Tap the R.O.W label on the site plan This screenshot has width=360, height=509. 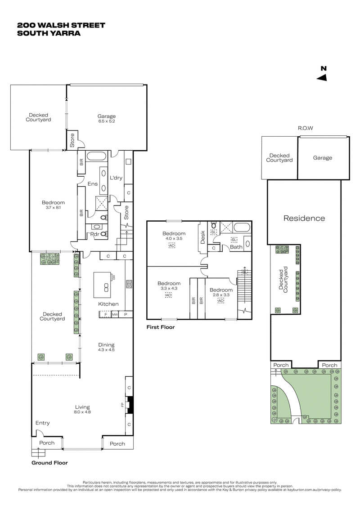[x=305, y=128]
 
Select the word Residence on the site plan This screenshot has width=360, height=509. [x=304, y=219]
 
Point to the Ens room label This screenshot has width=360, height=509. [x=93, y=183]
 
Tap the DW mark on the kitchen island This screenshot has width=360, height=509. [x=114, y=278]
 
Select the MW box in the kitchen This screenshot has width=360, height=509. [x=115, y=314]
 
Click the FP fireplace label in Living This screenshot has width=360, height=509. [x=122, y=405]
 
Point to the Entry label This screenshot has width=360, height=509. [x=43, y=423]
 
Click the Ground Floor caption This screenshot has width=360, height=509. [x=49, y=462]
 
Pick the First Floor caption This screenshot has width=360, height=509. [x=160, y=327]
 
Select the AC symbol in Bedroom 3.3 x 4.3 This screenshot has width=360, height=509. [x=169, y=295]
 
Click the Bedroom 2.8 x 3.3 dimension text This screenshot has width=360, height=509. [x=220, y=295]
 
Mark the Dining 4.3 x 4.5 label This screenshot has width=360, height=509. [x=107, y=347]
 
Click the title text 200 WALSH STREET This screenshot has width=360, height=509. [x=61, y=25]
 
